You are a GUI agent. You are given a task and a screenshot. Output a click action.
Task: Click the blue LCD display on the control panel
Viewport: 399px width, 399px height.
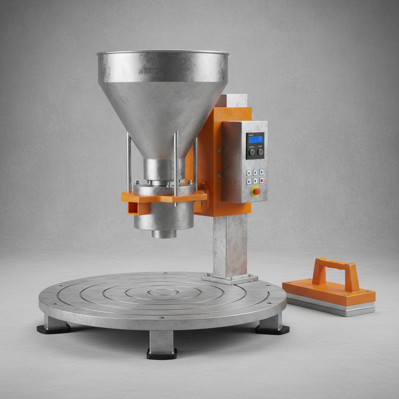(x=256, y=139)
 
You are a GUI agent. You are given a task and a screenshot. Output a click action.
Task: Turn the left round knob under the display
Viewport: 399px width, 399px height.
(x=252, y=152)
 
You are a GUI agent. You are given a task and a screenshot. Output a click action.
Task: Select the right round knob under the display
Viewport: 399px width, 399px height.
(x=260, y=152)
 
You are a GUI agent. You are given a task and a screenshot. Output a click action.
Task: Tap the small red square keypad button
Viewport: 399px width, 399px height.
(x=261, y=180)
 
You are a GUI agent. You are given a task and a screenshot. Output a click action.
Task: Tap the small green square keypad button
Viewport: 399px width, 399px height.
(x=255, y=181)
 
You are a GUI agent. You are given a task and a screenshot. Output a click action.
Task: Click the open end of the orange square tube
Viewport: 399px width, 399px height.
(x=133, y=208)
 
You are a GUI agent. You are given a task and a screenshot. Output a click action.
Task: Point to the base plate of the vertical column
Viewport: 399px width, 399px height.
(x=230, y=279)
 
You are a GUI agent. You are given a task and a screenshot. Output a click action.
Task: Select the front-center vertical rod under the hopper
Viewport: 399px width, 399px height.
(x=176, y=168)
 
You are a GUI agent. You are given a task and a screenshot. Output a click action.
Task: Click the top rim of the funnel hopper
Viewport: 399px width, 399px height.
(x=163, y=52)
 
